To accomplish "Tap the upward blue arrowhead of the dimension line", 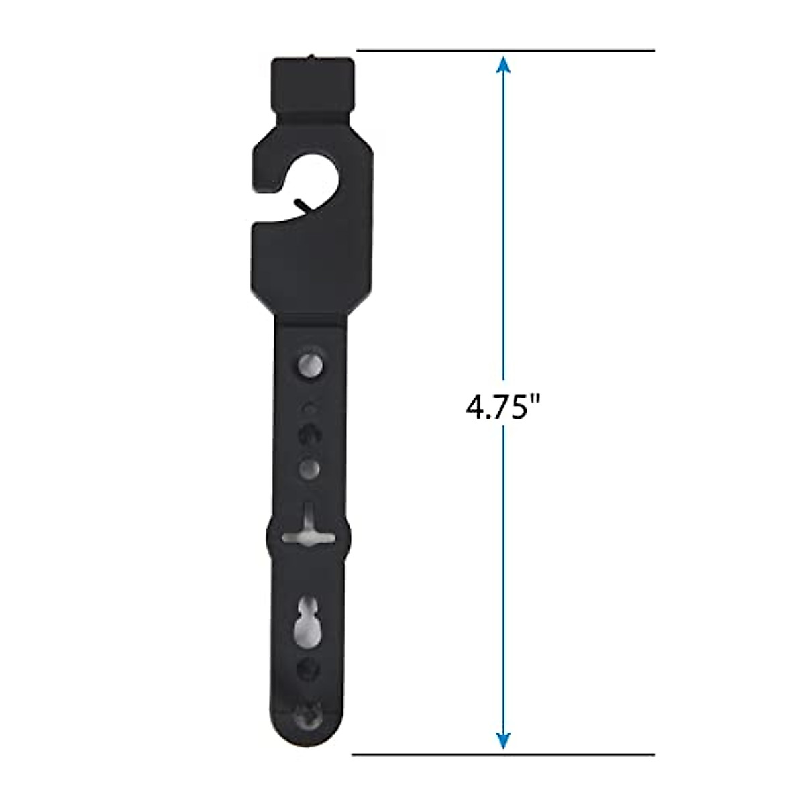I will click(504, 65).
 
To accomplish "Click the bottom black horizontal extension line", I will click(503, 755).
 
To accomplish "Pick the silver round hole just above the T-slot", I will click(309, 467).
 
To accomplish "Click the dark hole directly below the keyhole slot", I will click(309, 668).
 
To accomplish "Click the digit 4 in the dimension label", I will click(475, 407).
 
